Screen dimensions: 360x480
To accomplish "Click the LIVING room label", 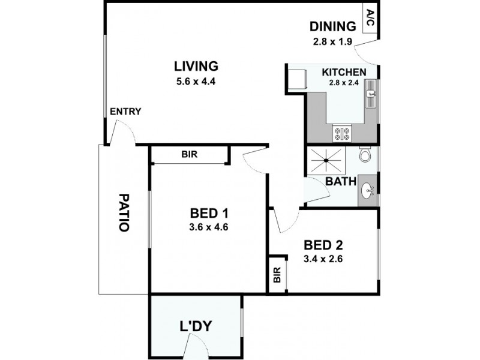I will (x=196, y=66).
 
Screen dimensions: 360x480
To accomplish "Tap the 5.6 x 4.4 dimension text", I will (x=196, y=80).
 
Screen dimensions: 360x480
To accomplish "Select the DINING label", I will (x=333, y=26).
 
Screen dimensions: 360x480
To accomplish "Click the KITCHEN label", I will (x=344, y=72).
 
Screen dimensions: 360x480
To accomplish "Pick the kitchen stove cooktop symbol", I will (x=342, y=131).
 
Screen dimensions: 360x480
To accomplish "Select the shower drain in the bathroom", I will (x=326, y=160).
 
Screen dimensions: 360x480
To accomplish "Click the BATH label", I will (x=340, y=181).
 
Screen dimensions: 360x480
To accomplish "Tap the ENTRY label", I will (x=125, y=111).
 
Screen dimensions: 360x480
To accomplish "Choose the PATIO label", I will (x=124, y=212).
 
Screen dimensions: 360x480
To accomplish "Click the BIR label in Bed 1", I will (x=189, y=154).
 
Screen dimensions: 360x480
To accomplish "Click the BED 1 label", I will (x=209, y=213).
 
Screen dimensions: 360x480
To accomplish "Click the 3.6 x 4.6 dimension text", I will (x=209, y=227).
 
